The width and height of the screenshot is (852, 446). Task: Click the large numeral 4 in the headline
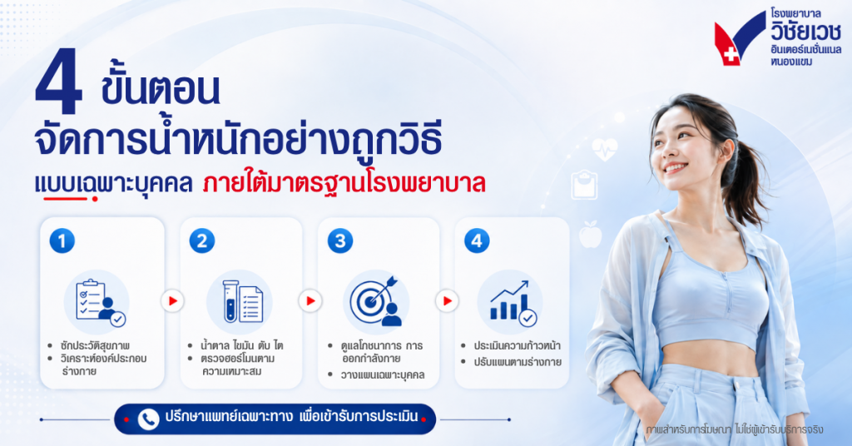pyautogui.click(x=59, y=81)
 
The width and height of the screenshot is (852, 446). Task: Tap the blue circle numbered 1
pyautogui.click(x=62, y=240)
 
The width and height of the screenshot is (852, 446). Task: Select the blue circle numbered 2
pyautogui.click(x=202, y=240)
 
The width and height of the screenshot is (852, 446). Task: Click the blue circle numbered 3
pyautogui.click(x=340, y=240)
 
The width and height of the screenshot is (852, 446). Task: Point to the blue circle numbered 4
pyautogui.click(x=477, y=240)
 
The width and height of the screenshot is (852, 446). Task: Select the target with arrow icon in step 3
pyautogui.click(x=375, y=301)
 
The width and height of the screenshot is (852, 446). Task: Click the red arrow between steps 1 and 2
pyautogui.click(x=173, y=301)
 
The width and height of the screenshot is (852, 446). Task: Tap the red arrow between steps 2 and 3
pyautogui.click(x=310, y=301)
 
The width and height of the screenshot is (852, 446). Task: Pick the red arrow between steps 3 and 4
pyautogui.click(x=447, y=301)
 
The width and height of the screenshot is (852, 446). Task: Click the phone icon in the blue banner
pyautogui.click(x=148, y=419)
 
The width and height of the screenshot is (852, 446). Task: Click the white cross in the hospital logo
pyautogui.click(x=731, y=54)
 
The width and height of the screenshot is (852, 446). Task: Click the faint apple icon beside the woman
pyautogui.click(x=590, y=234)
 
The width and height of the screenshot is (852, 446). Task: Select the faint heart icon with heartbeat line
pyautogui.click(x=604, y=149)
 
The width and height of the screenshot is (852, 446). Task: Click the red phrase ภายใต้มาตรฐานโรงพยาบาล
pyautogui.click(x=344, y=184)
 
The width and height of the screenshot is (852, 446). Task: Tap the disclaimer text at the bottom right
pyautogui.click(x=735, y=429)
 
